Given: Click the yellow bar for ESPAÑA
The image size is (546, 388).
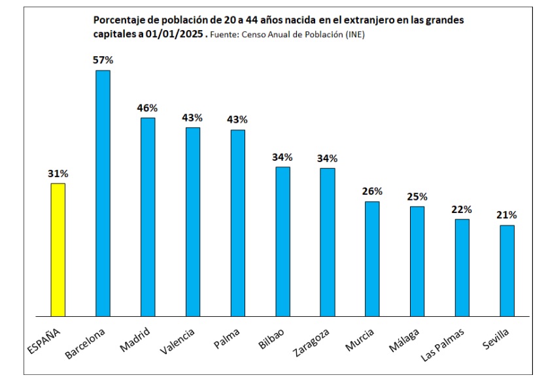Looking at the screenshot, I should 58,250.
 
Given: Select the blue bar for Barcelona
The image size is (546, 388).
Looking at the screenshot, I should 103,193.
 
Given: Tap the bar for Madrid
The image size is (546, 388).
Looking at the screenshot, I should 148,217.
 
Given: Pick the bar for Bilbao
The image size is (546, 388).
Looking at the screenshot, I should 282,241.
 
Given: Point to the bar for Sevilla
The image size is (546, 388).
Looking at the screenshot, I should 507,270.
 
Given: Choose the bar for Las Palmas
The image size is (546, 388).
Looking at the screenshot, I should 462,267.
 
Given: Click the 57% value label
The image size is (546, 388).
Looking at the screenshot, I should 103,59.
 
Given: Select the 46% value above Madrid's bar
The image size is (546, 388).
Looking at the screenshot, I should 147,108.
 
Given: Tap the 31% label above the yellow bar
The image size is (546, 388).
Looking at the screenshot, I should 58,174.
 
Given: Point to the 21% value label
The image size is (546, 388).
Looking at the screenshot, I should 507,215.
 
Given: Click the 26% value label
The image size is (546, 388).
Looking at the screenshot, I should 372,191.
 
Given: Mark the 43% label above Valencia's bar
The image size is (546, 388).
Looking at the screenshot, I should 192,118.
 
